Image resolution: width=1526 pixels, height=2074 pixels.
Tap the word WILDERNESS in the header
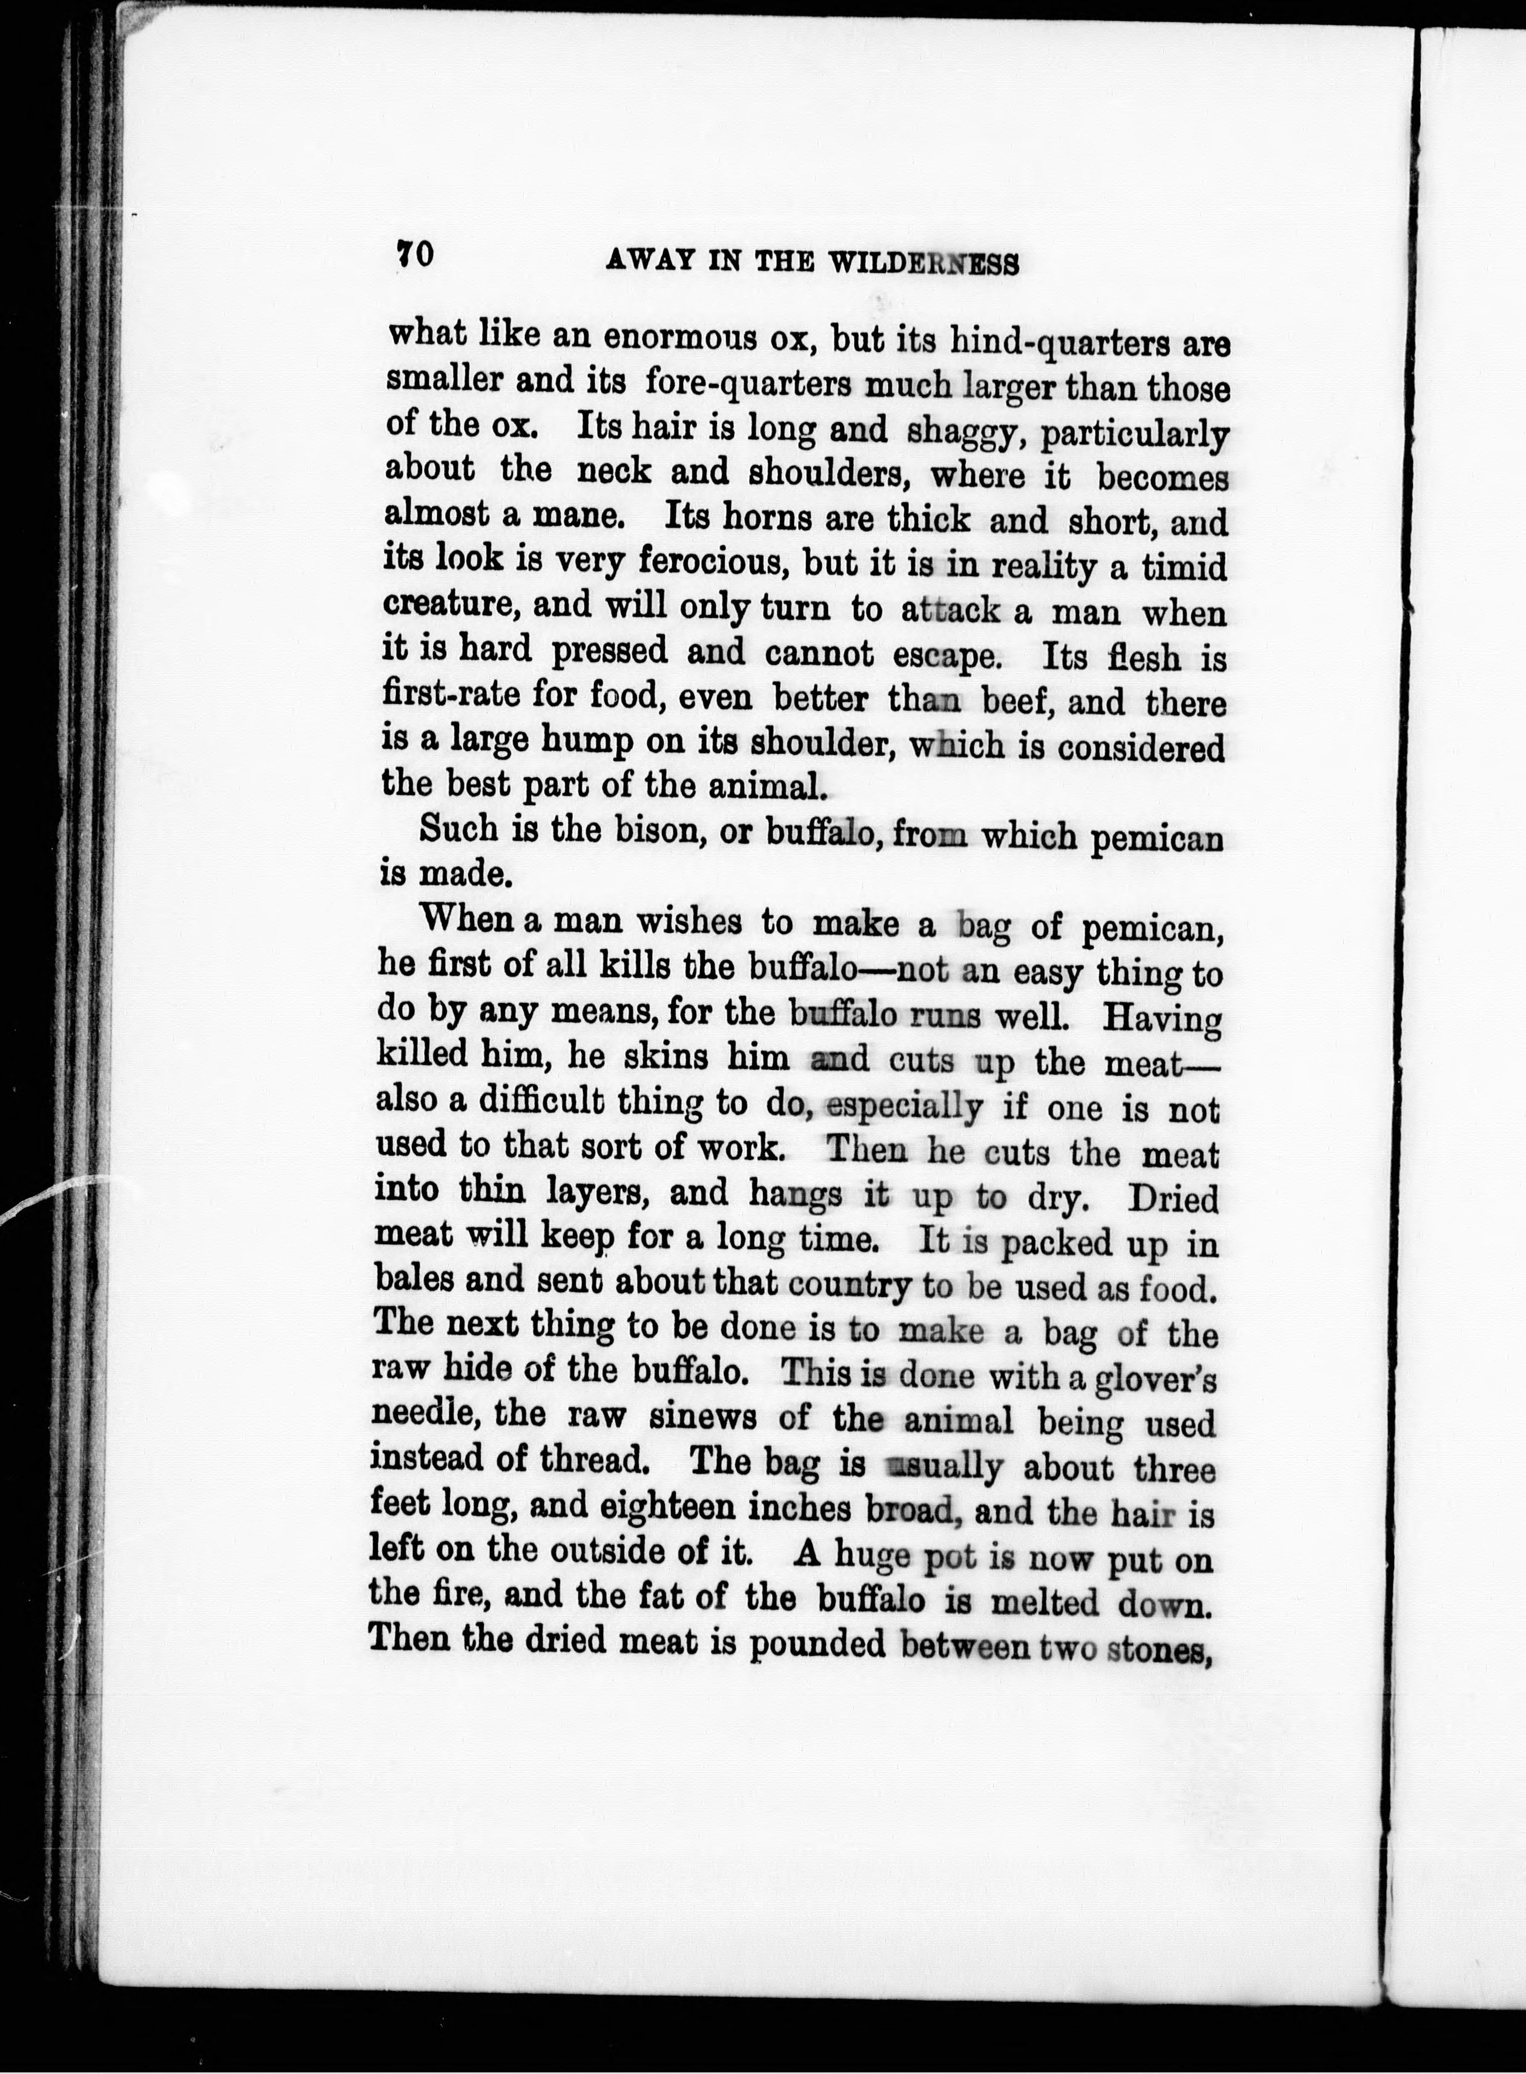[x=923, y=263]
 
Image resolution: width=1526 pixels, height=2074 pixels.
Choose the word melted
[x=1045, y=1601]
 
